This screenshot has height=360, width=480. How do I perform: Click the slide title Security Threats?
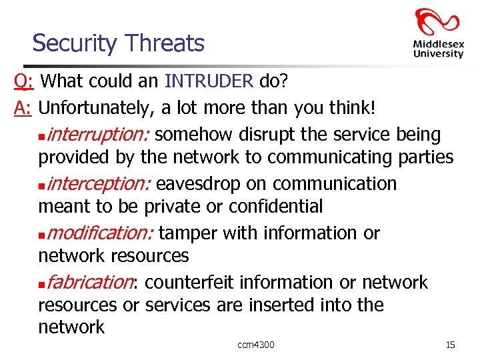click(118, 43)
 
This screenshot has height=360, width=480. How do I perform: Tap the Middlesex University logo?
click(437, 33)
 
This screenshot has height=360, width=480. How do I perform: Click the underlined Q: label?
click(25, 82)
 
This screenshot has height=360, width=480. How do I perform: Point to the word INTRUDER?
click(209, 82)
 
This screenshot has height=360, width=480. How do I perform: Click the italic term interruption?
click(99, 135)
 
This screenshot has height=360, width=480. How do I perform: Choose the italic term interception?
click(99, 184)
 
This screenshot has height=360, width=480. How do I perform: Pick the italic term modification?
click(101, 233)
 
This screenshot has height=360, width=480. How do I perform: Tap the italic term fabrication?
click(90, 283)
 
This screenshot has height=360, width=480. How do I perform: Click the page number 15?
click(450, 345)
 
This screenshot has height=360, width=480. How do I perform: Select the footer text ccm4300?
click(255, 345)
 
